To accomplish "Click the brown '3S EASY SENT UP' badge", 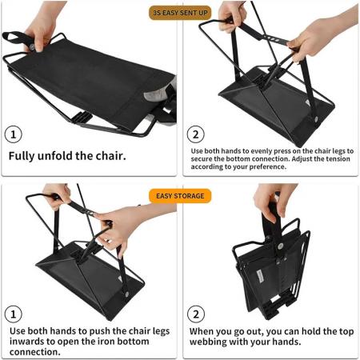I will [x=180, y=14].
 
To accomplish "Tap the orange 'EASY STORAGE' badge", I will [x=180, y=194].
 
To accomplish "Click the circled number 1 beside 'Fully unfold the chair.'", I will [x=15, y=134].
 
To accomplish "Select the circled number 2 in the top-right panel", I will [x=197, y=134].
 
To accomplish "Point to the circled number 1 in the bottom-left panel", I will [x=15, y=314].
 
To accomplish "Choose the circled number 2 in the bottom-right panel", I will [x=197, y=314].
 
